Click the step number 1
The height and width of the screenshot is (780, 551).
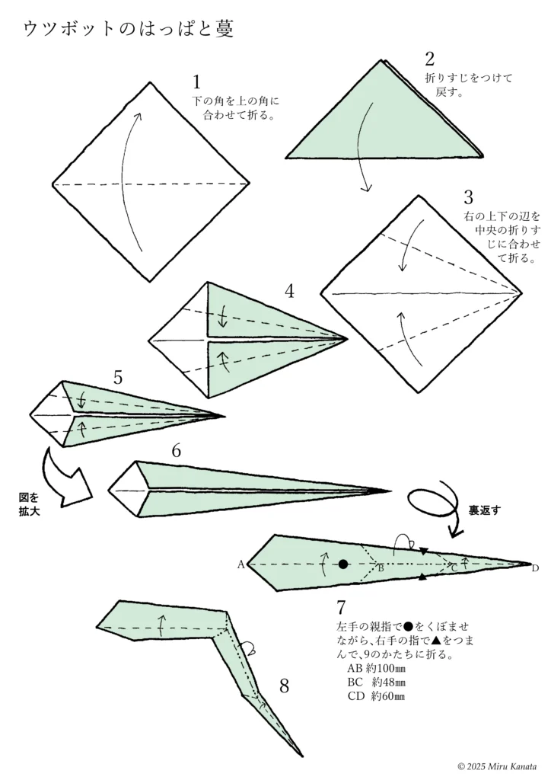198,82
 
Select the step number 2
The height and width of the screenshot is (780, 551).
430,59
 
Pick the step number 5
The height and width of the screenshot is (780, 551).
118,377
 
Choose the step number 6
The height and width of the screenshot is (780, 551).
176,450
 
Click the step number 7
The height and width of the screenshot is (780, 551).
342,608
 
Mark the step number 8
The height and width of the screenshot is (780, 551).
284,686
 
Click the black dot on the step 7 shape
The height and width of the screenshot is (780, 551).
343,564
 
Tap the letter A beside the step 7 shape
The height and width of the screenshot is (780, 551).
240,564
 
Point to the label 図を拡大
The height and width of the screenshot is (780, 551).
29,504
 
